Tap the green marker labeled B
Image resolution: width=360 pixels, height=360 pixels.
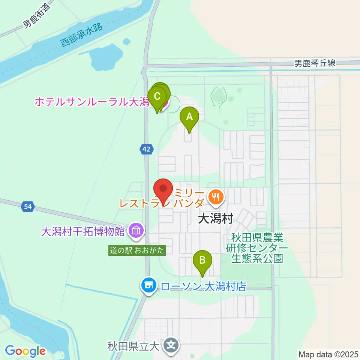[x=202, y=260]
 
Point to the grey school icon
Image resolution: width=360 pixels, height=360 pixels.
[x=172, y=343]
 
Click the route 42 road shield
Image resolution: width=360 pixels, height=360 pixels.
[x=147, y=150]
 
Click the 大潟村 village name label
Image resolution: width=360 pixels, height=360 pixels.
[x=216, y=218]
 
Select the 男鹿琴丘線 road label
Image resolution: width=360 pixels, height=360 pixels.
[x=315, y=63]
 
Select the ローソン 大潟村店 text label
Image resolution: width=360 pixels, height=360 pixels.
[x=203, y=287]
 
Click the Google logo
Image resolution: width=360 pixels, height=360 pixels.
[x=25, y=351]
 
